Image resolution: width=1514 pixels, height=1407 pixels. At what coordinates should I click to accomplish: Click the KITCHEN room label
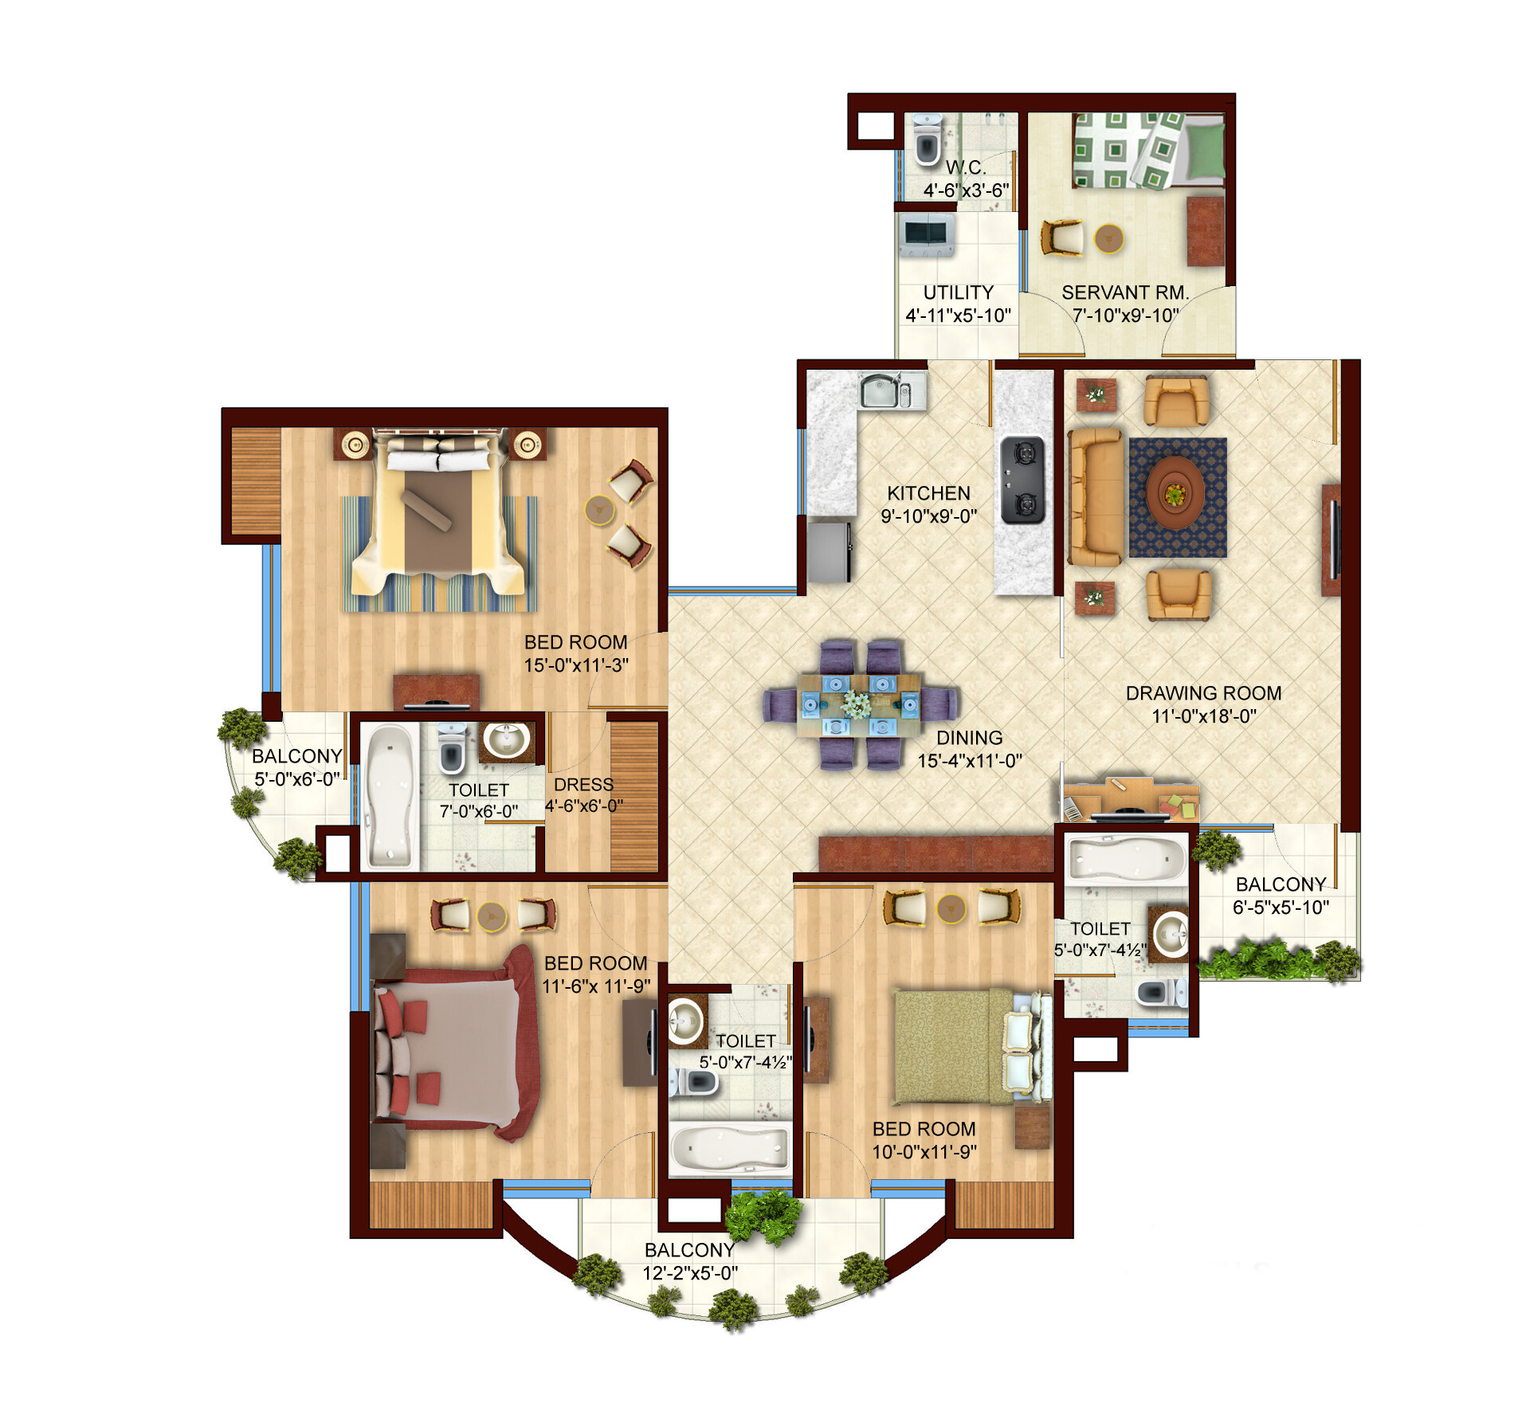pyautogui.click(x=928, y=493)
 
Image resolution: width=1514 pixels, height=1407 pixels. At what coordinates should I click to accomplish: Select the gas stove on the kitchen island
pyautogui.click(x=1022, y=480)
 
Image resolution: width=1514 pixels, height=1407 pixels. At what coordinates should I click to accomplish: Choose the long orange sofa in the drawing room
pyautogui.click(x=1095, y=497)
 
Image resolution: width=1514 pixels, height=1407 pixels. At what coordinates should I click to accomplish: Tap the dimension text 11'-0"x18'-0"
pyautogui.click(x=1203, y=716)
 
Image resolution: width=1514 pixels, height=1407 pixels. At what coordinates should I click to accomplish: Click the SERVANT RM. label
pyautogui.click(x=1124, y=292)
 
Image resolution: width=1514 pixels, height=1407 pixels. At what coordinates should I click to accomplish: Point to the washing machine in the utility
pyautogui.click(x=927, y=234)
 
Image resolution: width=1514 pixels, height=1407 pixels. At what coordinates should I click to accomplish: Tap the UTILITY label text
pyautogui.click(x=958, y=292)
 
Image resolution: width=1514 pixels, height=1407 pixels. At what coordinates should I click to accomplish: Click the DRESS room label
pyautogui.click(x=583, y=785)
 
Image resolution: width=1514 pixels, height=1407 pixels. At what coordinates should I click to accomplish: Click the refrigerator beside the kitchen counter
pyautogui.click(x=830, y=551)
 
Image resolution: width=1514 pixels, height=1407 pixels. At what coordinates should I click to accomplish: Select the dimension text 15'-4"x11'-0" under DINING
pyautogui.click(x=969, y=761)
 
